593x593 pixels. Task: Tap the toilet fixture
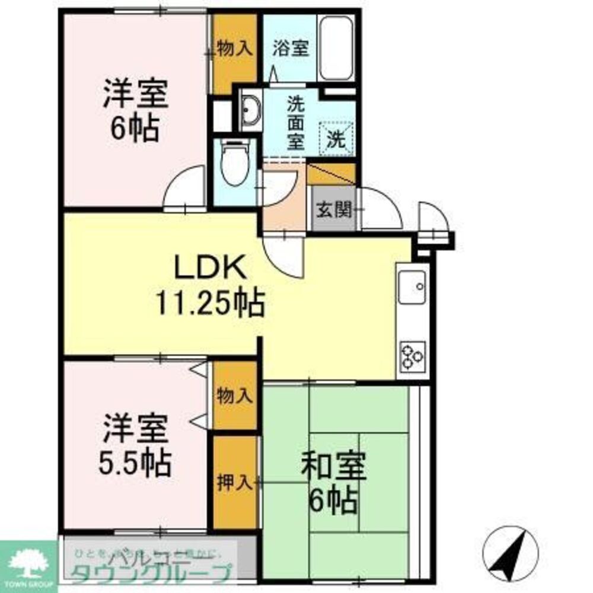(234, 163)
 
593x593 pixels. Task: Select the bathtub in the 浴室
(336, 49)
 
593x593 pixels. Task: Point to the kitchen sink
(413, 287)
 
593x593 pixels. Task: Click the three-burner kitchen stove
(413, 356)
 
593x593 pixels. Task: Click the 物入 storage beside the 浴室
(235, 49)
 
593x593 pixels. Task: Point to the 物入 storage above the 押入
(235, 396)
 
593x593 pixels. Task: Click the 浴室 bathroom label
(291, 49)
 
